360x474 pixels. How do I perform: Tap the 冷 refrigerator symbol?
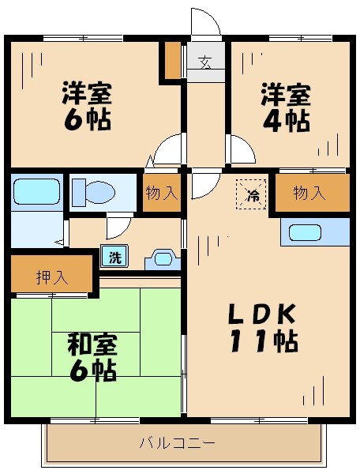coord(253,194)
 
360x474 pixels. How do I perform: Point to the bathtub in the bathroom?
coord(36,191)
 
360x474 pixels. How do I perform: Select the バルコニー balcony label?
coord(178,444)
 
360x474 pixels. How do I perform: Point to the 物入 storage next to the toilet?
coord(162,194)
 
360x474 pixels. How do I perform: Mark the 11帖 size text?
coord(263,342)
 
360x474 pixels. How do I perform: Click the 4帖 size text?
coord(287,121)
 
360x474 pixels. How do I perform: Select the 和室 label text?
coord(92,344)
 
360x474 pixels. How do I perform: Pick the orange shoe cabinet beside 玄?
coord(173,60)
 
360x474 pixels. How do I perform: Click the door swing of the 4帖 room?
coord(240,149)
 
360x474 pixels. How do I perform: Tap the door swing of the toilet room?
coord(117,228)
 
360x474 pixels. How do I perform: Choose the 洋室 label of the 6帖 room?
coord(88,93)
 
